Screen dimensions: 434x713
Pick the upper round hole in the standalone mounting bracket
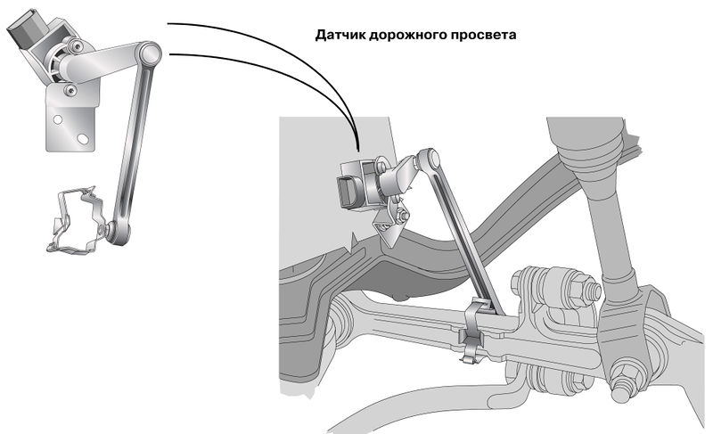[57, 117]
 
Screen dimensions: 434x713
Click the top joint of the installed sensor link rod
[431, 160]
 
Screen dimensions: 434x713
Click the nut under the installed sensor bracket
[403, 216]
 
